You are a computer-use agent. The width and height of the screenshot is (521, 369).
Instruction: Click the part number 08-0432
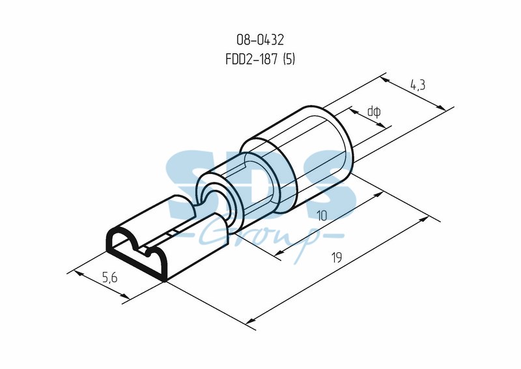(x=260, y=40)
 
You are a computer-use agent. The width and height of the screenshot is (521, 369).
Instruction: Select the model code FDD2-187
(x=251, y=59)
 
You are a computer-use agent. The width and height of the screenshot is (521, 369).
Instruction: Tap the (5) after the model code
(x=289, y=59)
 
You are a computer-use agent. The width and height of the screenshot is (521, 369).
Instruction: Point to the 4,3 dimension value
(x=417, y=85)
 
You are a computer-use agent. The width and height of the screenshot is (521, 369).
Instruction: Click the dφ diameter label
(x=374, y=111)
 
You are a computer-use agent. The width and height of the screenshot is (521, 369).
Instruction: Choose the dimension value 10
(x=322, y=216)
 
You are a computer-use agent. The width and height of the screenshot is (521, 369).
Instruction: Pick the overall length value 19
(x=337, y=258)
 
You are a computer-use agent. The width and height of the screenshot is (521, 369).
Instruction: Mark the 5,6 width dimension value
(x=109, y=277)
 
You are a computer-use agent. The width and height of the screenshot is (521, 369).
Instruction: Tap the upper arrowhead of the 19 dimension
(x=425, y=219)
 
